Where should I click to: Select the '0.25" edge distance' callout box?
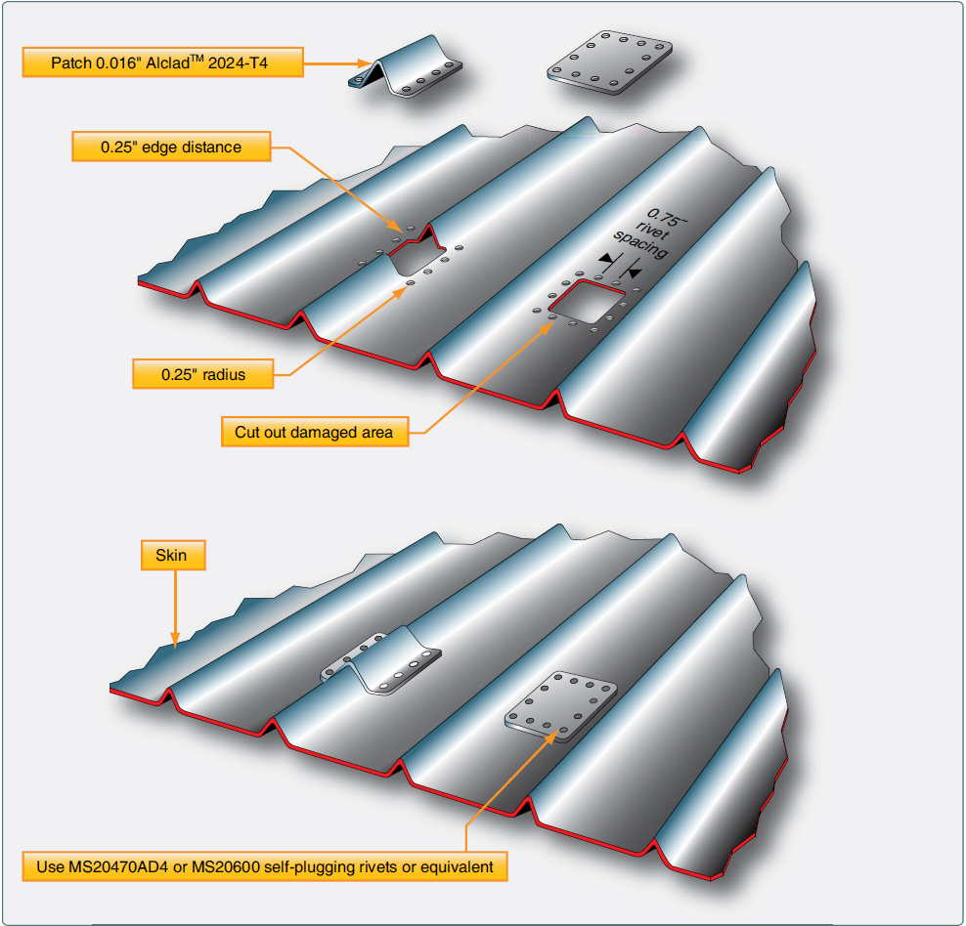tap(171, 147)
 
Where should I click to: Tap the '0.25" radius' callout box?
tap(203, 373)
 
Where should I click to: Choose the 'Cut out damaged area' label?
tap(315, 432)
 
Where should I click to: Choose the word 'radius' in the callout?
tap(224, 373)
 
